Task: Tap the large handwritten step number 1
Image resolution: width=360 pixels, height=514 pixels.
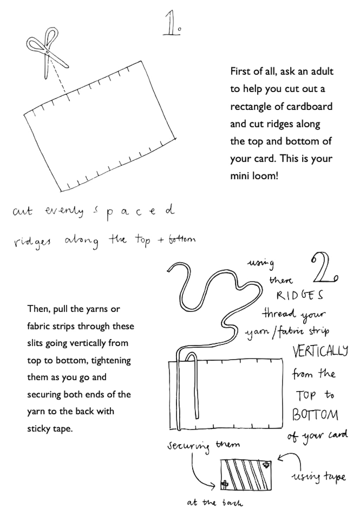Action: (172, 23)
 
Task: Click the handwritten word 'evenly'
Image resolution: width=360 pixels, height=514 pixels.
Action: (64, 211)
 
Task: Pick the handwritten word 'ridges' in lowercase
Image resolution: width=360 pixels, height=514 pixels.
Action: (32, 241)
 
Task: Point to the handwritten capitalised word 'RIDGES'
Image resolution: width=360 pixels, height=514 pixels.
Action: (300, 295)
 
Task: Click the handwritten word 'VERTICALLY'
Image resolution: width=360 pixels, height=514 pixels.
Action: (320, 351)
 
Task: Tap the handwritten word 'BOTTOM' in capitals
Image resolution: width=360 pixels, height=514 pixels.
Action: (315, 415)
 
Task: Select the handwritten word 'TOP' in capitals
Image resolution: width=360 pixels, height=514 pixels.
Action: (306, 395)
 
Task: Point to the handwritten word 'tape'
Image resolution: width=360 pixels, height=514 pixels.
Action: (335, 477)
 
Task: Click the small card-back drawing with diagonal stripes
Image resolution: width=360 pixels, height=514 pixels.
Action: (246, 475)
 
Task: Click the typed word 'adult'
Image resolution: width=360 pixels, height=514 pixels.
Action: (321, 71)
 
